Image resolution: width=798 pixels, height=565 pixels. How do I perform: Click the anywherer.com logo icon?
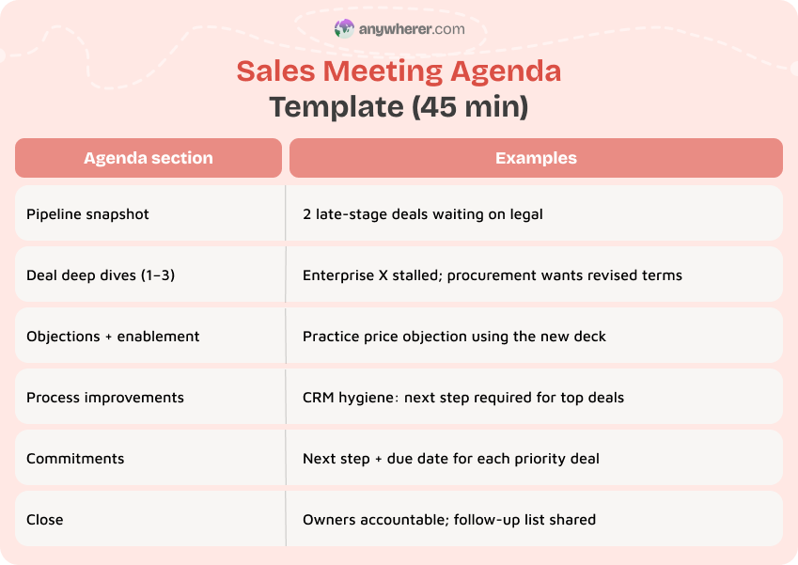(x=344, y=29)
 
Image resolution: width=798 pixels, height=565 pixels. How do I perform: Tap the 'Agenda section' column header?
(x=149, y=158)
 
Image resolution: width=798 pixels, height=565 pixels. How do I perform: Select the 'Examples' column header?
(x=536, y=158)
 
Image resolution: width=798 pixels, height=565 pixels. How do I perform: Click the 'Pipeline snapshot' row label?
(x=87, y=214)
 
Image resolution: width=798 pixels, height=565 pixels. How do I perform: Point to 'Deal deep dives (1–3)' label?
(x=101, y=275)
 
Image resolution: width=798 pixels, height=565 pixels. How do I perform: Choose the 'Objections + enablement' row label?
(x=113, y=337)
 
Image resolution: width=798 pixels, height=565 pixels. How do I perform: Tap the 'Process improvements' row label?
(x=105, y=398)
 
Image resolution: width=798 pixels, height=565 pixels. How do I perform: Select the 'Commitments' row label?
(x=75, y=459)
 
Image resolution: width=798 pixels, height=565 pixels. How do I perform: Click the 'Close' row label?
(x=45, y=520)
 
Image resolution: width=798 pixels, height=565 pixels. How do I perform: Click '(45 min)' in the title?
(x=470, y=107)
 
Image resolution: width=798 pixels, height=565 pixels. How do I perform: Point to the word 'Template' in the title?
(x=336, y=107)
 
